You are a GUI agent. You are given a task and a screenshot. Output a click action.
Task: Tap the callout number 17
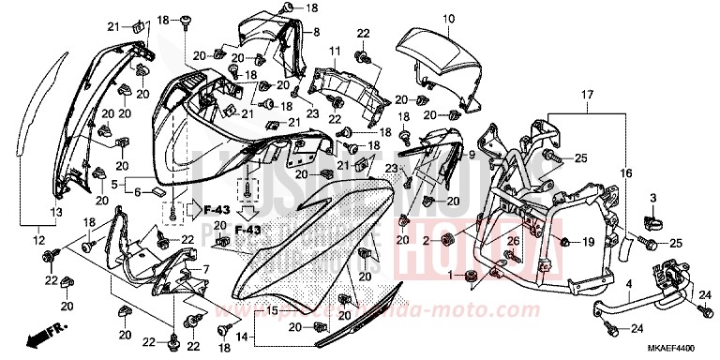click(x=587, y=96)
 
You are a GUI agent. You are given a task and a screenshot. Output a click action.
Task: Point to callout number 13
click(x=56, y=214)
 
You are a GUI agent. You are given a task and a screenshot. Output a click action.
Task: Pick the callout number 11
click(x=334, y=50)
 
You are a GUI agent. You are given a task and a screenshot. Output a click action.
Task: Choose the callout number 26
click(x=512, y=243)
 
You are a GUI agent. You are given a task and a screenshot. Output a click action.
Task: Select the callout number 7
click(x=204, y=270)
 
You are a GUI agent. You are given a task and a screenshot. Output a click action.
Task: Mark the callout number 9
click(x=471, y=155)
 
